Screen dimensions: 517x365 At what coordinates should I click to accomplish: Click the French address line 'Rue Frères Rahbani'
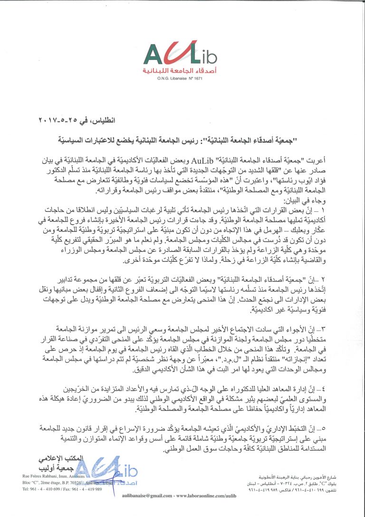(53, 476)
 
